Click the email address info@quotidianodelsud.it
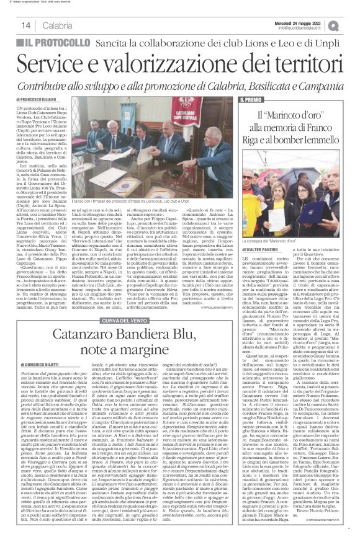pyautogui.click(x=302, y=27)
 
